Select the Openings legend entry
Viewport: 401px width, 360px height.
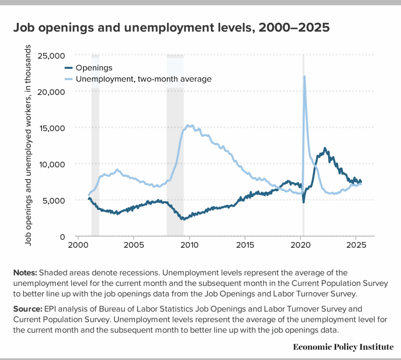click(94, 68)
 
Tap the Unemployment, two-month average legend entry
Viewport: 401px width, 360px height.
click(143, 79)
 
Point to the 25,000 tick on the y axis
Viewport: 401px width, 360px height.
click(54, 56)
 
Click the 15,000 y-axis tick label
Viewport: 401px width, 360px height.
click(54, 128)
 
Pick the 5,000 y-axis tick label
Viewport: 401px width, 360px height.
click(56, 200)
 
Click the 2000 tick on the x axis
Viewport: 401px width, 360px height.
click(78, 248)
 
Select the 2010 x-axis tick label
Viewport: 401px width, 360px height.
click(189, 248)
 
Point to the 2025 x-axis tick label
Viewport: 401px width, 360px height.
click(356, 248)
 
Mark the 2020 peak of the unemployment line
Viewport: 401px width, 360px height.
click(304, 77)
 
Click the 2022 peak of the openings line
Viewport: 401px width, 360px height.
click(325, 148)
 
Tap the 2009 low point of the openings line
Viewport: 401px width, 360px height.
click(182, 219)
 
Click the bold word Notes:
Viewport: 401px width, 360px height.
click(25, 272)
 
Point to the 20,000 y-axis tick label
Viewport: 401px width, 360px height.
click(54, 92)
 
